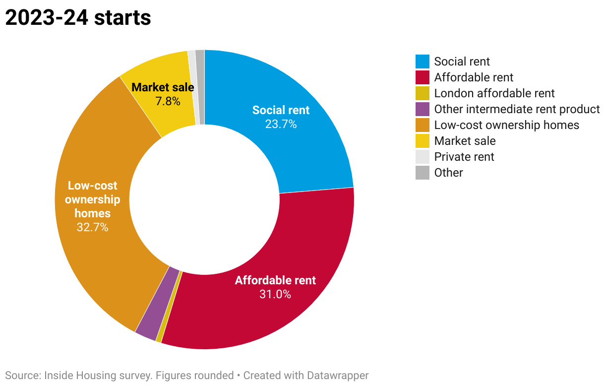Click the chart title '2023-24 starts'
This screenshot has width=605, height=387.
click(x=78, y=18)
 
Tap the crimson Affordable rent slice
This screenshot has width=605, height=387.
click(x=258, y=313)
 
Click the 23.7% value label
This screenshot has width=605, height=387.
click(x=281, y=124)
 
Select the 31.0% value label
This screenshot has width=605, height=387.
click(x=275, y=294)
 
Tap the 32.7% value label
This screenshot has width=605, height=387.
click(x=92, y=228)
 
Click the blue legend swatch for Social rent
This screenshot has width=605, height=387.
click(x=423, y=62)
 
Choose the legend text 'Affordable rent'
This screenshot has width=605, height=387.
click(x=474, y=77)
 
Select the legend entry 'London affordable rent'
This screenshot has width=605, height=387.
click(x=494, y=93)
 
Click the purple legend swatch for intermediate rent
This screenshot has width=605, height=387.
click(x=423, y=109)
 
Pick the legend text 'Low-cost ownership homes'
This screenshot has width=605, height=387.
click(x=506, y=125)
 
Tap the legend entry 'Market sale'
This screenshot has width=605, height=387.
click(x=465, y=141)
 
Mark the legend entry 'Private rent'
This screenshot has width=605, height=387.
click(x=464, y=157)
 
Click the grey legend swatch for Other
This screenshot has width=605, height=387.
click(x=423, y=173)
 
